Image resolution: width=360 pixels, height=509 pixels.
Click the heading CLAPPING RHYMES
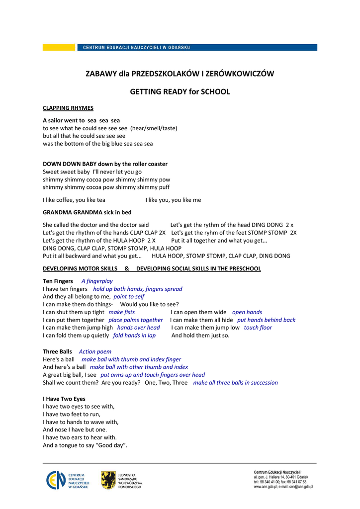pyautogui.click(x=68, y=108)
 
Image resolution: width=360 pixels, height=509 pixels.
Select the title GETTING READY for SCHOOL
pyautogui.click(x=180, y=92)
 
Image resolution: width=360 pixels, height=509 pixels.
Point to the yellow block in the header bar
pyautogui.click(x=59, y=48)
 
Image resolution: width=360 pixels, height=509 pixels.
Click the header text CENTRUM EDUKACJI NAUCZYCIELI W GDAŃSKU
pyautogui.click(x=136, y=48)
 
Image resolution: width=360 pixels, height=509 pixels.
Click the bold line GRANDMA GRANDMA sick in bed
pyautogui.click(x=87, y=212)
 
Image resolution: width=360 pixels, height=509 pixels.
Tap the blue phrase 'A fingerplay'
pyautogui.click(x=97, y=281)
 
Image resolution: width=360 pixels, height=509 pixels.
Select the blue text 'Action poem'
pyautogui.click(x=95, y=352)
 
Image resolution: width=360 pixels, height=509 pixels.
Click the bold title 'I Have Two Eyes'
pyautogui.click(x=64, y=399)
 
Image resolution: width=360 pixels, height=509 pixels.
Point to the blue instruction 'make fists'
pyautogui.click(x=122, y=313)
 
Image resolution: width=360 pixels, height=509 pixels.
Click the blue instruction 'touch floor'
pyautogui.click(x=258, y=328)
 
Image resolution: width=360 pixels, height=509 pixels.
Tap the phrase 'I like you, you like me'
pyautogui.click(x=174, y=200)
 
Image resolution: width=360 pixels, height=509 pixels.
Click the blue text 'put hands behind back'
pyautogui.click(x=266, y=320)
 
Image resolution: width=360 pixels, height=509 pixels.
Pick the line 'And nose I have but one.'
pyautogui.click(x=75, y=430)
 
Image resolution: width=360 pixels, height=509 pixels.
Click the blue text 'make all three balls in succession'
pyautogui.click(x=235, y=383)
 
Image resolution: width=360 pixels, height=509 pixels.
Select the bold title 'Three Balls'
pyautogui.click(x=57, y=352)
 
